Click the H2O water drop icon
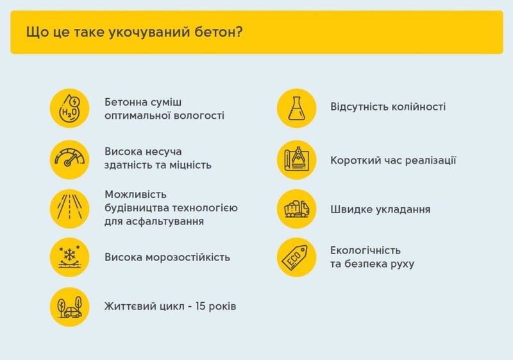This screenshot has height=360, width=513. pos(70,108)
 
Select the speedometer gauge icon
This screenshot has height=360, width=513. pos(70,160)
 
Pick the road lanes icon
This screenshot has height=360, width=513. pos(70,209)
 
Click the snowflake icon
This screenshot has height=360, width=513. pos(70,257)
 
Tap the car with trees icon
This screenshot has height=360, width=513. pos(70,307)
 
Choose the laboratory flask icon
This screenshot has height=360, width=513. pos(297,108)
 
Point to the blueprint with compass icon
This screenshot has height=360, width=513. pos(297,160)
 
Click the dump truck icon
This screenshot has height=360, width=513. pos(297,209)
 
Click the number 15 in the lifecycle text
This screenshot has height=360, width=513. pos(200,306)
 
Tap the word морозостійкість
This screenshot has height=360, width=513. pos(188,257)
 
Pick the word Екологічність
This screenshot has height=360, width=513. pos(366,250)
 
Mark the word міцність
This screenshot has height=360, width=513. pos(190,165)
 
